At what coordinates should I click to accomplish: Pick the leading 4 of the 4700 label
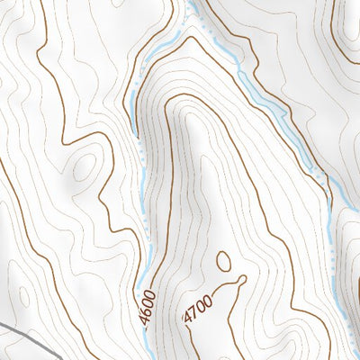pos(188,320)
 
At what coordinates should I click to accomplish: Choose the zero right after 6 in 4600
pos(150,301)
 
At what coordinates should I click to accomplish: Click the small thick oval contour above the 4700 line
pos(223,262)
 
